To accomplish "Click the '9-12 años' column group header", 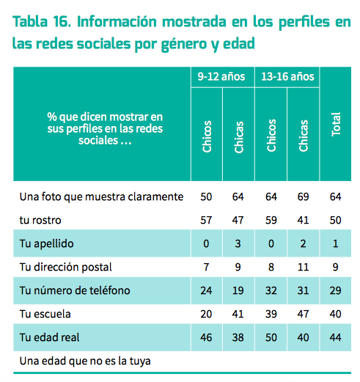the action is click(221, 76).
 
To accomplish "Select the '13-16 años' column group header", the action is click(287, 76).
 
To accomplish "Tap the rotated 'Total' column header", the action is click(336, 124).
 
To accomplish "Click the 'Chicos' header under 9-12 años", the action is click(207, 136).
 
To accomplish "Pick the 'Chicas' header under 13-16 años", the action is click(304, 136).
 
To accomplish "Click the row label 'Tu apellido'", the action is click(46, 243).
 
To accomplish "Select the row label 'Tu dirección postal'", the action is click(65, 267).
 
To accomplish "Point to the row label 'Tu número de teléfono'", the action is click(75, 290).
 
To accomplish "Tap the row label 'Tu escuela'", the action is click(45, 314).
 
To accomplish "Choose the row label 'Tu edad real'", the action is click(49, 337).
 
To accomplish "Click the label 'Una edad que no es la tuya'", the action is click(85, 361).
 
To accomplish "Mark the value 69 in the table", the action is click(303, 196).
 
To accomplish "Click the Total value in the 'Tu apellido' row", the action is click(336, 243).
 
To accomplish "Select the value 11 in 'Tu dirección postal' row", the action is click(303, 267).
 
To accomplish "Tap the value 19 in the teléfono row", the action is click(238, 290).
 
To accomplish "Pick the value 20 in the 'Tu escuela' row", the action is click(206, 314).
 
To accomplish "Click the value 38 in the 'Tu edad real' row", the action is click(238, 337).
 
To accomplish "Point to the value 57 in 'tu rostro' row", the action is click(206, 220).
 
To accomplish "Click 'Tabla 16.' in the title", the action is click(42, 21).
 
